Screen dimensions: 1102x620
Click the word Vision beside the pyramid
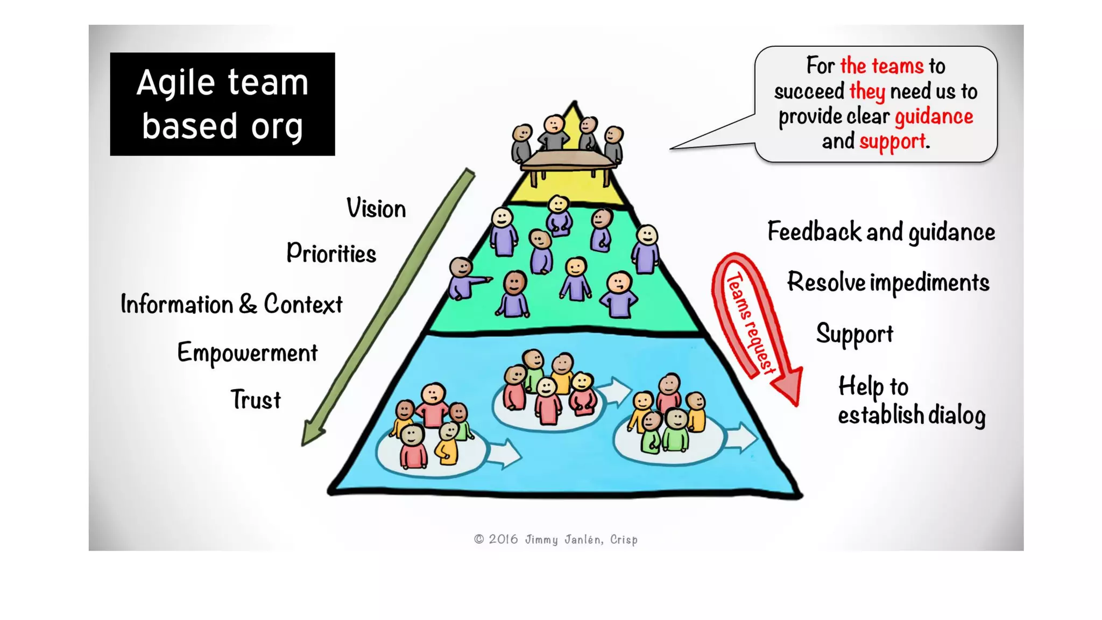click(x=376, y=208)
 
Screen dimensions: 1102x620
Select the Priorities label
click(x=331, y=253)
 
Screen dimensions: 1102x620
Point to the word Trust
click(x=256, y=399)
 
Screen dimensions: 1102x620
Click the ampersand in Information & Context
click(x=248, y=305)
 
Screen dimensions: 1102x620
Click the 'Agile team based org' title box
click(x=222, y=104)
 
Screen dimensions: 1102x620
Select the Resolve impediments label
click(x=888, y=283)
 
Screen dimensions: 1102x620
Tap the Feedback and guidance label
click(x=881, y=232)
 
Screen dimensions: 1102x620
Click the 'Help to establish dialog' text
click(x=912, y=401)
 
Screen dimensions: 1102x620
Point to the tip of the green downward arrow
click(x=303, y=445)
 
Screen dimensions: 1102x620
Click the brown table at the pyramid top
click(x=568, y=165)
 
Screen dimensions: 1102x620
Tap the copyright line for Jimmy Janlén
click(x=556, y=539)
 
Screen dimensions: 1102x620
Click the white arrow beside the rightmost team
click(x=741, y=438)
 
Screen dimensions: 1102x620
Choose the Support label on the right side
click(x=854, y=334)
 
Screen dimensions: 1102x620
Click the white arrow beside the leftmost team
click(x=504, y=454)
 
